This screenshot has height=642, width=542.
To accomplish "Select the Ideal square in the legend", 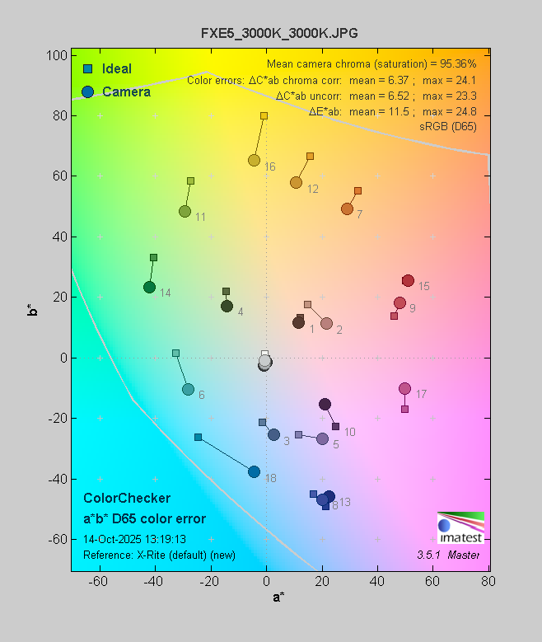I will (87, 68).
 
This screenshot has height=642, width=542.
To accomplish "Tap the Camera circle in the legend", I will (87, 91).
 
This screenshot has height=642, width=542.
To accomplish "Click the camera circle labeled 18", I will (254, 471).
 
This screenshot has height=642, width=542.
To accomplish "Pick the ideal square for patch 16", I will (264, 116).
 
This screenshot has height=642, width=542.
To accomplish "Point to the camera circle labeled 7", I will (347, 209).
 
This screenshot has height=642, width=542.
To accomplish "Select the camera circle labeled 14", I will (149, 287).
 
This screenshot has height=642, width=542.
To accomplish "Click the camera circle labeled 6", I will (188, 389).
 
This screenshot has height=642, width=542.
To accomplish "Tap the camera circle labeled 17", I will (404, 388).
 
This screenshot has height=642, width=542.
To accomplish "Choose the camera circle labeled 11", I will (185, 212).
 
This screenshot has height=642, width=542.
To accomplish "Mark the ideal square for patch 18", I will (198, 437).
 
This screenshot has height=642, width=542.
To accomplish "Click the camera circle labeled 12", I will (296, 182).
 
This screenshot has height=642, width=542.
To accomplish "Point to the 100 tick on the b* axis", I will (57, 55).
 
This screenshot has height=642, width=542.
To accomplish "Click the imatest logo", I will (460, 528).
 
